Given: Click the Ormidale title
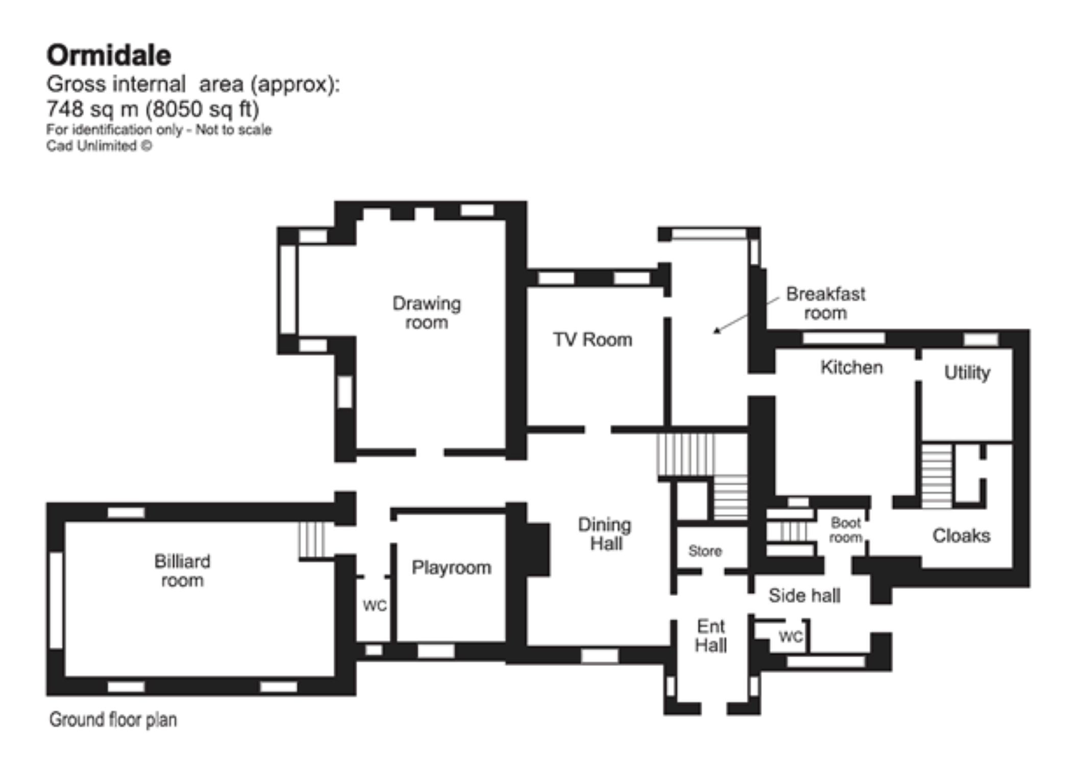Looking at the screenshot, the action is point(109,55).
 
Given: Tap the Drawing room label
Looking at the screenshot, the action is point(427,313).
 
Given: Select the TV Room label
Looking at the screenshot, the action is point(593,340).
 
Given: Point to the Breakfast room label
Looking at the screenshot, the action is point(825,303).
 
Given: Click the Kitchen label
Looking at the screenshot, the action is point(851,367).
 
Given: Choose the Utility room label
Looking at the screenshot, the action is point(967,373).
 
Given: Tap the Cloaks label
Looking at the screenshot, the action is point(961,536).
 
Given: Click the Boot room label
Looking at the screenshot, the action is point(846,530).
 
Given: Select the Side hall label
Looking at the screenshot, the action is point(804,595).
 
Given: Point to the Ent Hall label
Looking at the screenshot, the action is point(711,636).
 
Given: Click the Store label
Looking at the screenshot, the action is point(705,551).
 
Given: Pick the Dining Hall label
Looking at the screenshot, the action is point(605,534).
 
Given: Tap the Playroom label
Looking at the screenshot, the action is point(451,568).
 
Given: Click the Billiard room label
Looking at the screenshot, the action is point(182,571).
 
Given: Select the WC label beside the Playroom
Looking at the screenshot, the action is point(375,606).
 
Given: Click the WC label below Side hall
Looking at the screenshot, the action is point(791,637).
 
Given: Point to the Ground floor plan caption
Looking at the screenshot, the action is point(113,720).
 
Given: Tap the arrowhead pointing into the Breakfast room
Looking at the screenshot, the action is point(717,330).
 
